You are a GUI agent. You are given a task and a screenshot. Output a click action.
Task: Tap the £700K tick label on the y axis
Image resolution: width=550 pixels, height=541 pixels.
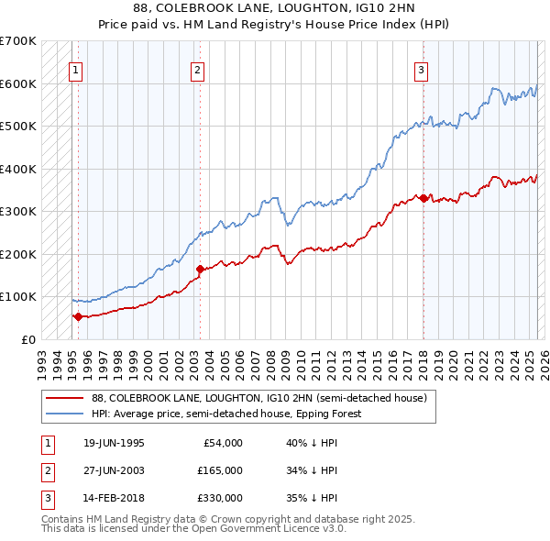pyautogui.click(x=18, y=41)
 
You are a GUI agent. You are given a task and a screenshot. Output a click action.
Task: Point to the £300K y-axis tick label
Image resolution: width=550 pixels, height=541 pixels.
pyautogui.click(x=18, y=211)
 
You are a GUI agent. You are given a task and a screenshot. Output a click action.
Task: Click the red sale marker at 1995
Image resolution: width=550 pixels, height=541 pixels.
pyautogui.click(x=78, y=316)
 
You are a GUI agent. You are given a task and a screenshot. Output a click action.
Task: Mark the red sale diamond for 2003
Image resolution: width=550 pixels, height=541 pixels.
pyautogui.click(x=200, y=269)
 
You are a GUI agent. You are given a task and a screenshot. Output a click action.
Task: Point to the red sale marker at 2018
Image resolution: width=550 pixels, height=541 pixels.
pyautogui.click(x=423, y=198)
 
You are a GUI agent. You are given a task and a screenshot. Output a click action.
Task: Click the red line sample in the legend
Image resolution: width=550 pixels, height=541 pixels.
pyautogui.click(x=63, y=398)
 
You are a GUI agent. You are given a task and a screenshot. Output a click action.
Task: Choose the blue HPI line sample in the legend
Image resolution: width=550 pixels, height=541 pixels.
pyautogui.click(x=63, y=414)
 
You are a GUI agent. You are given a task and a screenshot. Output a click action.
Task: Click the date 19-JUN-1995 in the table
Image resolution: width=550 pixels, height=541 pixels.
pyautogui.click(x=114, y=443)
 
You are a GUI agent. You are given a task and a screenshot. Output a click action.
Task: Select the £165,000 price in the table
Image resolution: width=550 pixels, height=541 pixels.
pyautogui.click(x=220, y=470)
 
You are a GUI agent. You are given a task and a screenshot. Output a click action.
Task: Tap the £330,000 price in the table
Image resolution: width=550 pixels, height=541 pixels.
pyautogui.click(x=220, y=498)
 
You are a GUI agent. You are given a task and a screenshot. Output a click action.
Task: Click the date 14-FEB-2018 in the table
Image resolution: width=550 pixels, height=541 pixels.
pyautogui.click(x=114, y=498)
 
